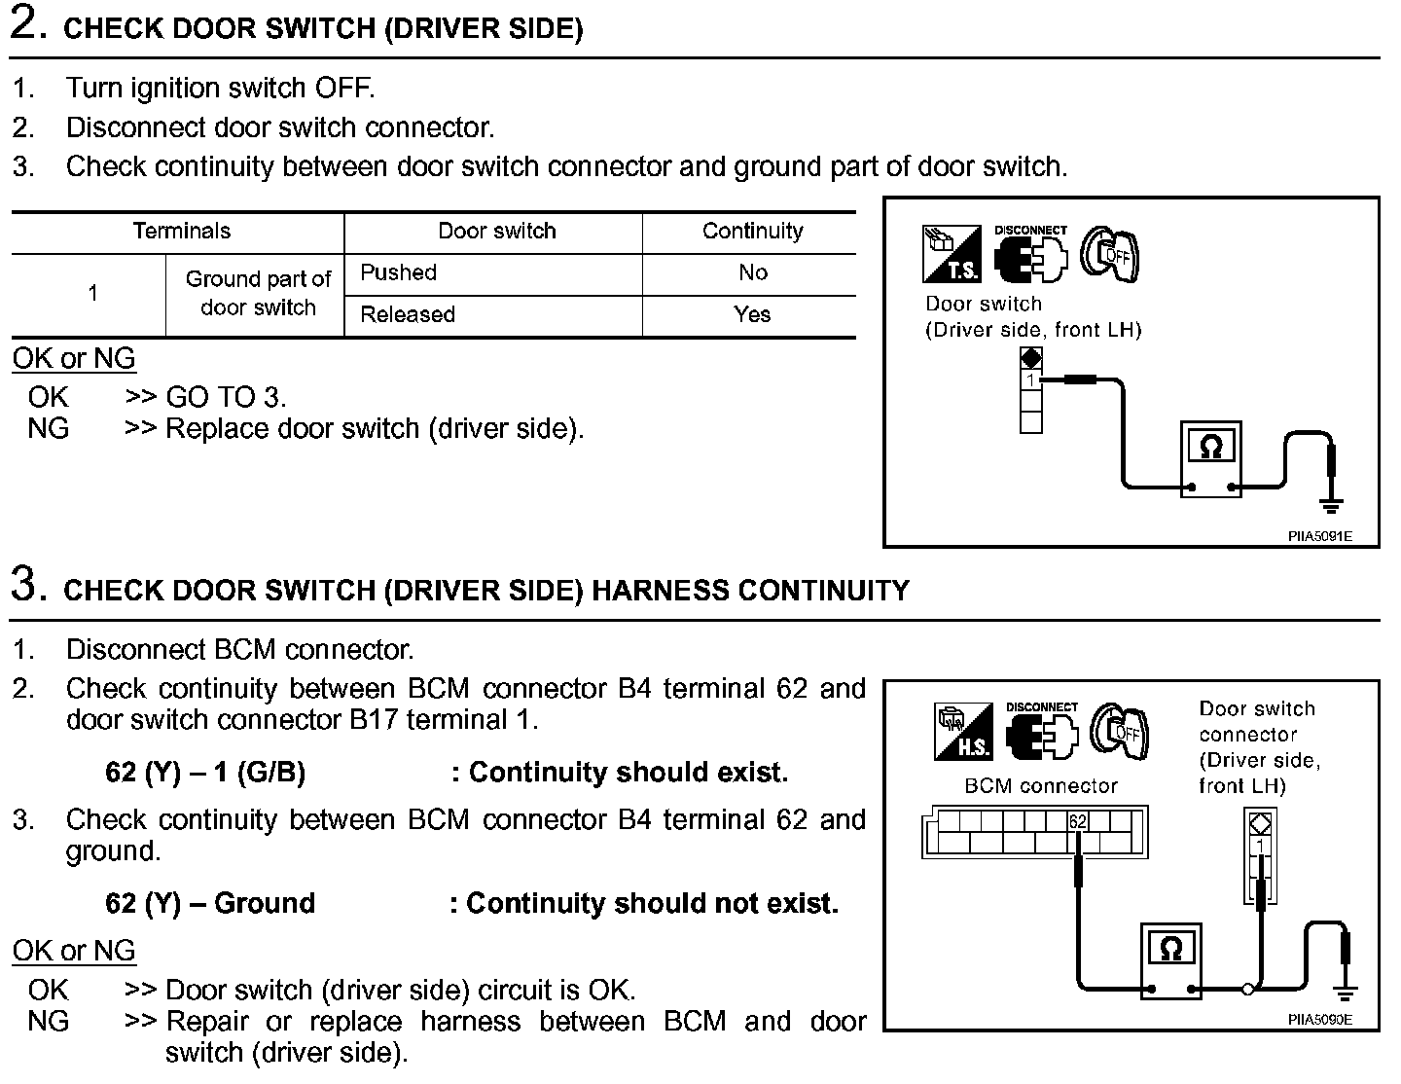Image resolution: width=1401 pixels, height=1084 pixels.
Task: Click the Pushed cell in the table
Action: point(398,272)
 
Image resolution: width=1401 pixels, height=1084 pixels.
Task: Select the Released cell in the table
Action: point(408,314)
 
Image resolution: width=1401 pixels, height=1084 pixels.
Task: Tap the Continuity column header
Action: point(752,232)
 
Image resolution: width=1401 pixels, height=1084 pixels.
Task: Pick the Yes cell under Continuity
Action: point(752,314)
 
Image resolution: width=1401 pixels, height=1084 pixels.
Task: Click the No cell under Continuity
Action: point(752,272)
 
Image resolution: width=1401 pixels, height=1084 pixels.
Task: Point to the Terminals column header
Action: point(181,232)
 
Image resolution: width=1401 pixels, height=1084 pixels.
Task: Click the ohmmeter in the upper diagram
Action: point(1210,458)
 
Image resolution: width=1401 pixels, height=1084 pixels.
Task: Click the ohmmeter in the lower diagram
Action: point(1171,958)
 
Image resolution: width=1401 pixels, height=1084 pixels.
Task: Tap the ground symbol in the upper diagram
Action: point(1330,504)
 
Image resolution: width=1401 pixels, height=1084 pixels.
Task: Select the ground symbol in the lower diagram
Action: point(1346,993)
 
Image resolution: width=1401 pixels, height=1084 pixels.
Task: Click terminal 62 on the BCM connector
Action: point(1077,821)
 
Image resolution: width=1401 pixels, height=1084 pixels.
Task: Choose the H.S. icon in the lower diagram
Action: point(962,732)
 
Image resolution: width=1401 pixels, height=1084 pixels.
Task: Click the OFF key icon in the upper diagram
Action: point(1111,255)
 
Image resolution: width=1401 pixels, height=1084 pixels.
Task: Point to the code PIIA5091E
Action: point(1320,536)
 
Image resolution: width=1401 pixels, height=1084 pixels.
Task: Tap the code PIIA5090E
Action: point(1320,1021)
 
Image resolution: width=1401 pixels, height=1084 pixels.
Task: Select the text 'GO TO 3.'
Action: point(226,397)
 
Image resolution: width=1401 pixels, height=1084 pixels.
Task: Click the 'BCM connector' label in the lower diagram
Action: point(1040,785)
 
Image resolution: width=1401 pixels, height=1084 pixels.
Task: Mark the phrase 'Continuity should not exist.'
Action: point(652,904)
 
